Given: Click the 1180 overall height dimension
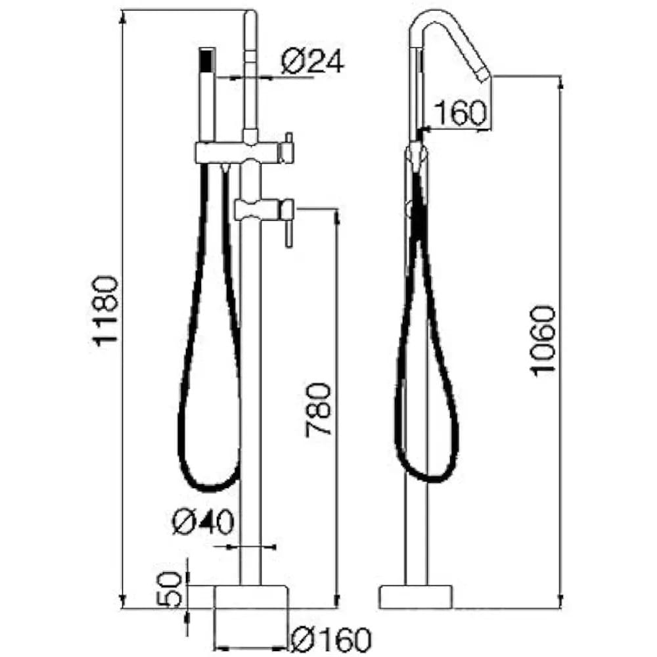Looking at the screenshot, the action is [x=104, y=311].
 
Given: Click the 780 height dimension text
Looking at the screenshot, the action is [x=319, y=410].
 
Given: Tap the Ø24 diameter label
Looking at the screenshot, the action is [x=313, y=61].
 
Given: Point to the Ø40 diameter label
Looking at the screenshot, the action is [x=203, y=522].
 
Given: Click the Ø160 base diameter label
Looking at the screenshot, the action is [x=331, y=639].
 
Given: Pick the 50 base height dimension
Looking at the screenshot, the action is [x=170, y=589].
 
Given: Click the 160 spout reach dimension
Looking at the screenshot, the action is [x=460, y=112].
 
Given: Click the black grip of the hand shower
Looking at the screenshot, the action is [x=206, y=60].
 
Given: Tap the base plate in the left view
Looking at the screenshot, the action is [x=252, y=597].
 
